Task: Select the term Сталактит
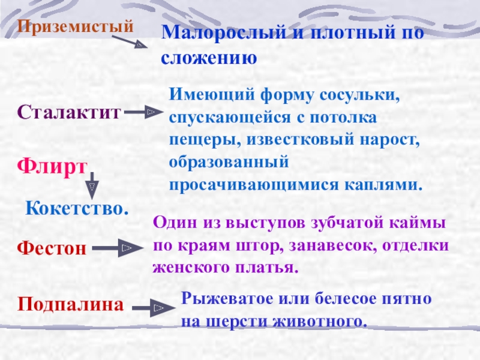tap(69, 112)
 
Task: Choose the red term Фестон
tap(52, 247)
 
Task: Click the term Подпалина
tap(70, 305)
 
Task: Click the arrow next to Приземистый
tap(129, 43)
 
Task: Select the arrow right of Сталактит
tap(144, 112)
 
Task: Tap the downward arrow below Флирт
tap(92, 184)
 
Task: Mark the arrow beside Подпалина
tap(150, 308)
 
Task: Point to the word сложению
tap(209, 58)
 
